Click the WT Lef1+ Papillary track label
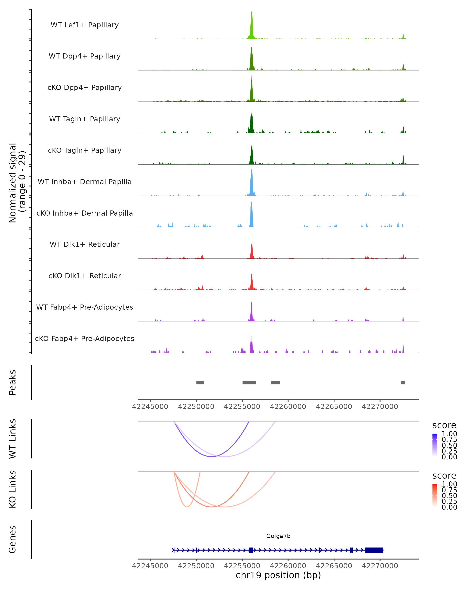(85, 25)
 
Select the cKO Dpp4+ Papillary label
(85, 88)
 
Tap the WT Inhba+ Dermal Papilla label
(85, 182)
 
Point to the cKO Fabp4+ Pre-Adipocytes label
(85, 339)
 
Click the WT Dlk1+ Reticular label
(85, 244)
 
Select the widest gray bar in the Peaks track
(249, 382)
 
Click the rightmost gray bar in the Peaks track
(403, 382)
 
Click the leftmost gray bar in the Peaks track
(200, 382)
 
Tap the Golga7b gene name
(278, 536)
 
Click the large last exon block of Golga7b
(374, 550)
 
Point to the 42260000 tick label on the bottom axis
(288, 566)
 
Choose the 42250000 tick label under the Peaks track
(196, 407)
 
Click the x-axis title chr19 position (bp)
(278, 575)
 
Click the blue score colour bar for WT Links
(435, 445)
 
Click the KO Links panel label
(13, 489)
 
